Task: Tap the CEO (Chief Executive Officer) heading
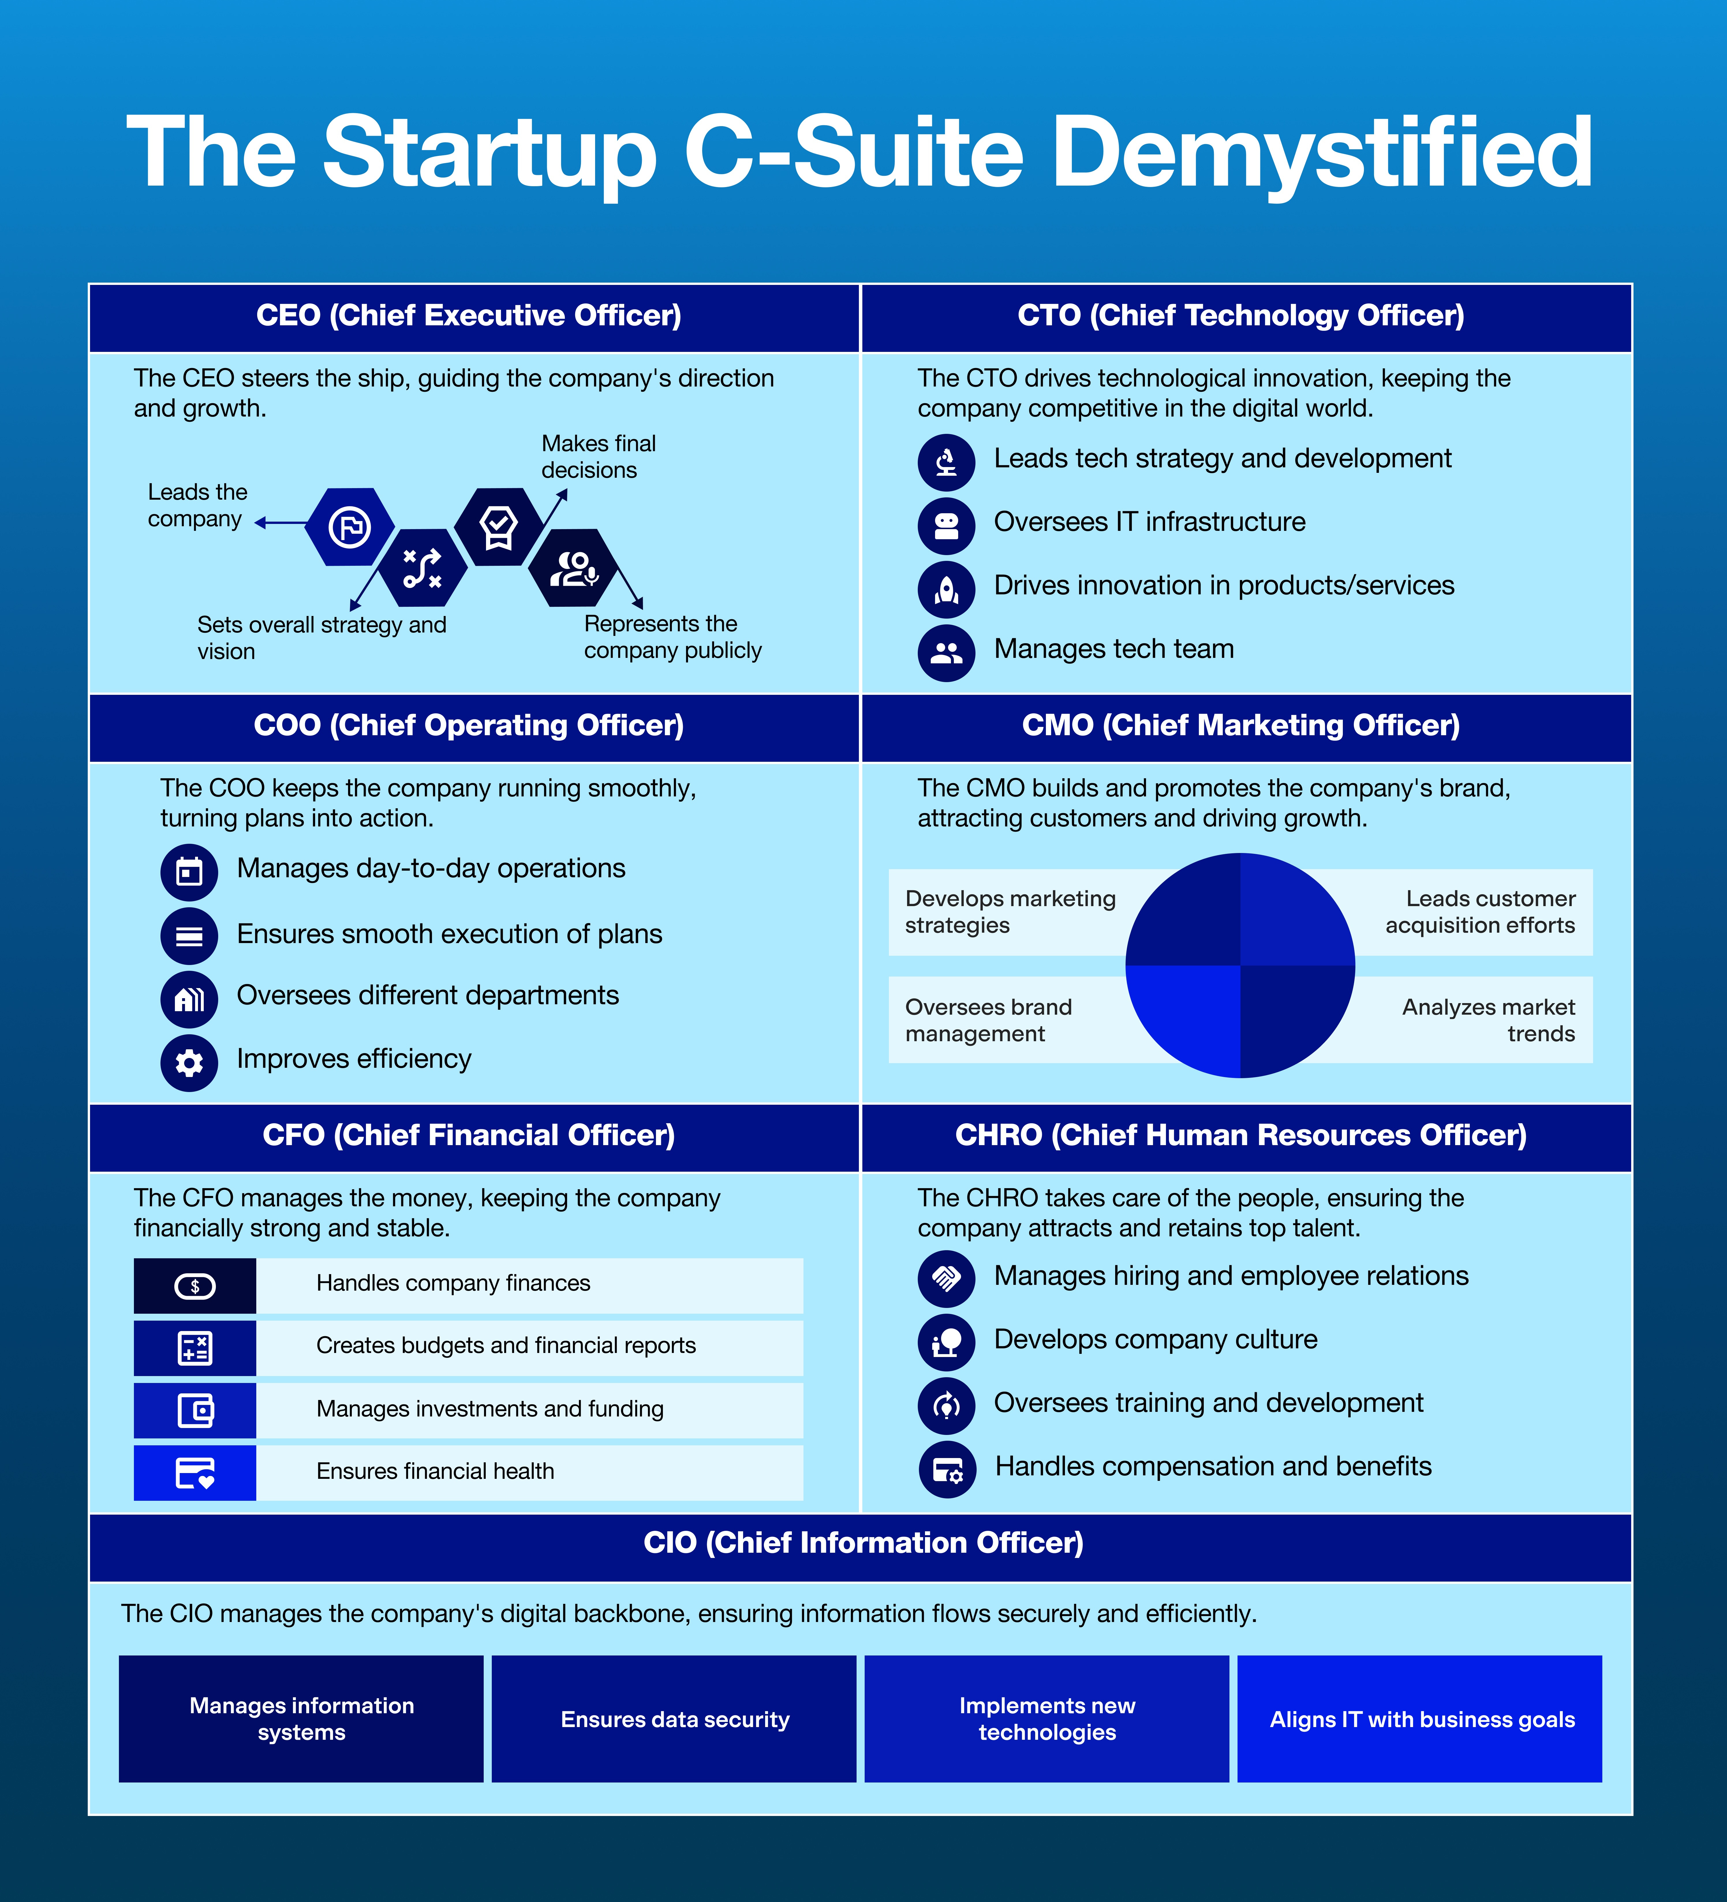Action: pos(469,315)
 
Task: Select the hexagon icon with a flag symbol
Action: pos(349,527)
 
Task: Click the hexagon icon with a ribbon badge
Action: pos(498,527)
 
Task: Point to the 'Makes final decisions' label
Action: pos(598,457)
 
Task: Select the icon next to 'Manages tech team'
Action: pos(946,652)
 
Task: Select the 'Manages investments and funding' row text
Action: pos(489,1409)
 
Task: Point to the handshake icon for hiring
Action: pos(946,1278)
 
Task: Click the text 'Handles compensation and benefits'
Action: pos(1213,1466)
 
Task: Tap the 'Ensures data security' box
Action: pos(674,1719)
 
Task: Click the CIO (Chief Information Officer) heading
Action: pos(863,1543)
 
